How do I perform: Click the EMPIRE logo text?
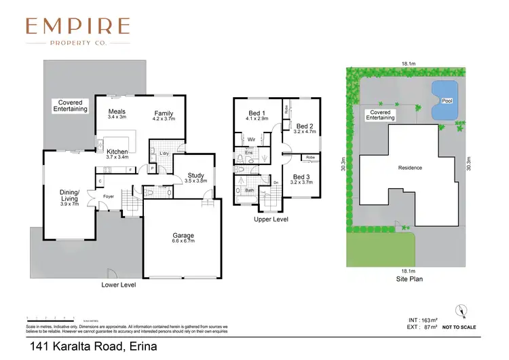[x=77, y=26]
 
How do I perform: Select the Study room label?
[x=195, y=176]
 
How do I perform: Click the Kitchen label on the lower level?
[x=117, y=151]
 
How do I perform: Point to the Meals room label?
[x=117, y=111]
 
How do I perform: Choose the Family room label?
[x=164, y=113]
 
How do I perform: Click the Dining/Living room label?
[x=69, y=196]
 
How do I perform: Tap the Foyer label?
[x=108, y=197]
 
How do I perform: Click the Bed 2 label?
[x=305, y=126]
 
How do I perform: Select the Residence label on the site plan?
[x=409, y=168]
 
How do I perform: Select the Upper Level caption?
[x=271, y=220]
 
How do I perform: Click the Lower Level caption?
[x=118, y=285]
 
